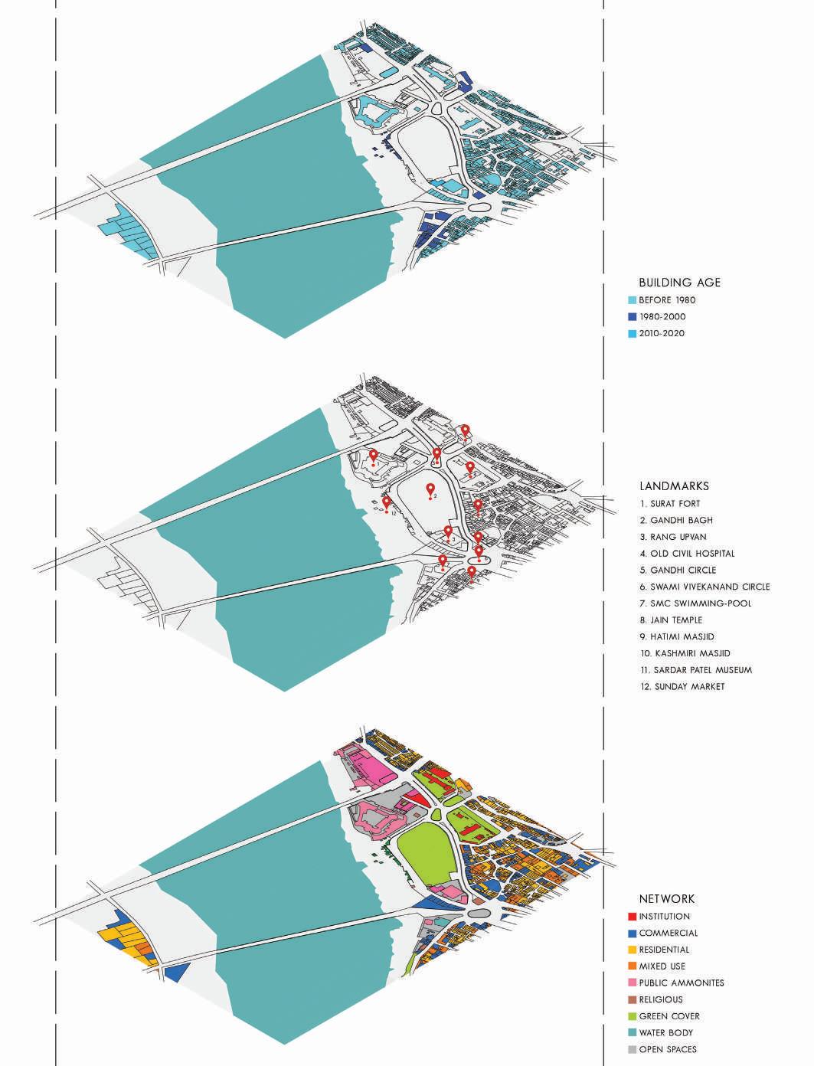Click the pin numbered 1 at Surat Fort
click(x=373, y=456)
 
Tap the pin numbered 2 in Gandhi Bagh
click(x=430, y=489)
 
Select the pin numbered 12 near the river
click(x=387, y=502)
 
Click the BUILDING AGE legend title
click(x=679, y=283)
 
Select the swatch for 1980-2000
click(x=632, y=317)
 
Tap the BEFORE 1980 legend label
click(x=667, y=300)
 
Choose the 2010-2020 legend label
click(x=662, y=334)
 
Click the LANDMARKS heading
click(x=674, y=486)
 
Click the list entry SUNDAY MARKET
click(x=689, y=687)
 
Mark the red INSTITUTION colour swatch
click(x=632, y=917)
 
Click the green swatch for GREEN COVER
click(x=632, y=1016)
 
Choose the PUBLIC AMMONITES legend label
click(x=681, y=983)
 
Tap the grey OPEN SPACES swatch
click(x=632, y=1049)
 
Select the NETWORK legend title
click(x=667, y=899)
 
